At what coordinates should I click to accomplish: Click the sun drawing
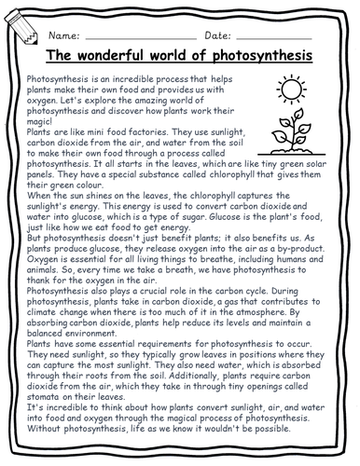(290, 91)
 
